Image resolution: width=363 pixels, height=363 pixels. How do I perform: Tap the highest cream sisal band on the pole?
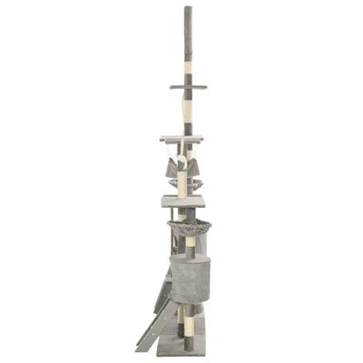pos(188,67)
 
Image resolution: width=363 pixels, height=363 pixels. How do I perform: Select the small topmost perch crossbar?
pos(188,87)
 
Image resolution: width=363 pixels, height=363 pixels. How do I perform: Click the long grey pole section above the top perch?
pos(188,36)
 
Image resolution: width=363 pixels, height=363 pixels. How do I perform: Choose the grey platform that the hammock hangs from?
pos(181,139)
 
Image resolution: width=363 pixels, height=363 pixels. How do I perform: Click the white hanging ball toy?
pos(181,162)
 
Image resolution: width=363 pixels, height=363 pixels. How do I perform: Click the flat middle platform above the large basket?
pos(182,201)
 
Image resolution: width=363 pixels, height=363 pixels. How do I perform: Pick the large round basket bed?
pos(188,228)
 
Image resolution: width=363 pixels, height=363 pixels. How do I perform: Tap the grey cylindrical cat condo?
pos(190,278)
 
